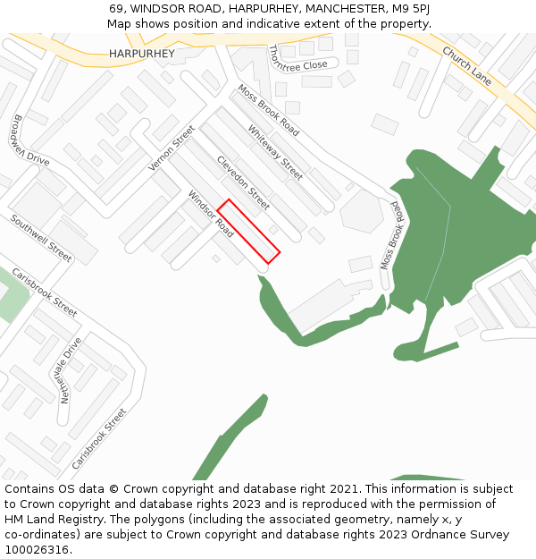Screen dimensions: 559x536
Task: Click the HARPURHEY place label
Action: [x=142, y=54]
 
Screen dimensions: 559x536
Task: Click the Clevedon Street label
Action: [x=243, y=183]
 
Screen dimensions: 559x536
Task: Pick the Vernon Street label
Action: [x=172, y=148]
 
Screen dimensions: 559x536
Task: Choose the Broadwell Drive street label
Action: [x=31, y=140]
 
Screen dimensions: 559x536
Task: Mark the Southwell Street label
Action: [x=41, y=238]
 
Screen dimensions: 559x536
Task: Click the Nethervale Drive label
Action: [x=71, y=370]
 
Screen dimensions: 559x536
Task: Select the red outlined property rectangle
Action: [x=249, y=231]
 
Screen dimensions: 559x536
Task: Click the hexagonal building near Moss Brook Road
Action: [x=361, y=211]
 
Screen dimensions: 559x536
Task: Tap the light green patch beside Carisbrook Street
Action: [x=11, y=294]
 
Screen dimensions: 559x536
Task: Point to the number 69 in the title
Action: [x=116, y=9]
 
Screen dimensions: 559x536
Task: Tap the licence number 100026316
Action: [x=38, y=550]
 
